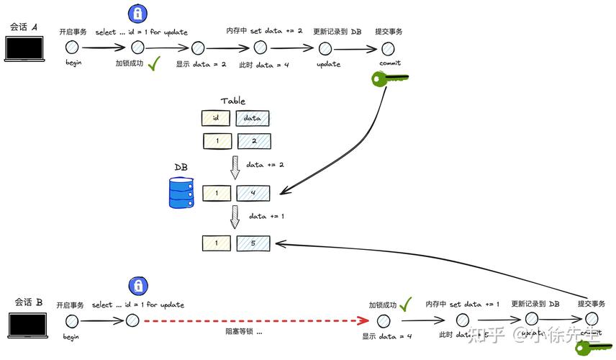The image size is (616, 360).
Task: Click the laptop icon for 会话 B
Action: [27, 325]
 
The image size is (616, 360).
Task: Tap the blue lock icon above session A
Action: [137, 13]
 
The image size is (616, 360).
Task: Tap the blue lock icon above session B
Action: [137, 286]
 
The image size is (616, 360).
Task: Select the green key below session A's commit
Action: [389, 78]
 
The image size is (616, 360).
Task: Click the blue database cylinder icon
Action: [181, 192]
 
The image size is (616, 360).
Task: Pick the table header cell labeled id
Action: [216, 118]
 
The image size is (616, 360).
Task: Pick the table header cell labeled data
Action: [253, 118]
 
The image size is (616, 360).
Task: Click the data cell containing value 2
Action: [253, 142]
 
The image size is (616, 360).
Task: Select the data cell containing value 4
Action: [253, 193]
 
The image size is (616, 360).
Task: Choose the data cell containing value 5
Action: [253, 243]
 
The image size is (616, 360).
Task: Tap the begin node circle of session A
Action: [72, 48]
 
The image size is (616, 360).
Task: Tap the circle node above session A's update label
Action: [326, 48]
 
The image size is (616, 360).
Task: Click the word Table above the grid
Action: [232, 102]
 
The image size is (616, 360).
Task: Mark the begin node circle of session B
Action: [71, 320]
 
